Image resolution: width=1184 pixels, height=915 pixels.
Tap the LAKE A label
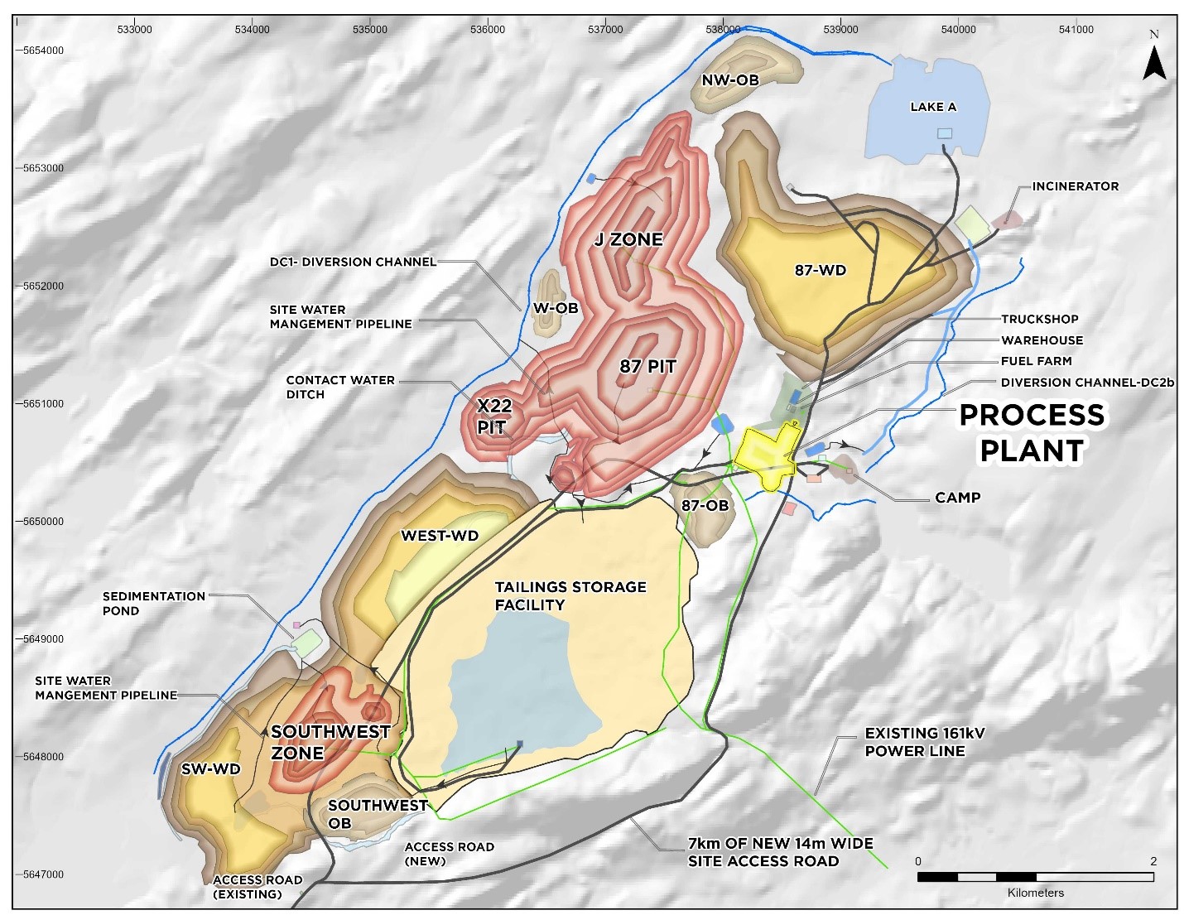(x=932, y=107)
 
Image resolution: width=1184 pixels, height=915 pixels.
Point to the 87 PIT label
(x=647, y=366)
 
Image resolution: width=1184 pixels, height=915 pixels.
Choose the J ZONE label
(x=628, y=240)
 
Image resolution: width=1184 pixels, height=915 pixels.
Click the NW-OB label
(x=729, y=80)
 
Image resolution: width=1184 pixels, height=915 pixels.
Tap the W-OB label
(x=556, y=308)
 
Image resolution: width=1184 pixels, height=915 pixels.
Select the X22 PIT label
(x=494, y=417)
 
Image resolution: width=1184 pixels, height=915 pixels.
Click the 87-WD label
(x=821, y=270)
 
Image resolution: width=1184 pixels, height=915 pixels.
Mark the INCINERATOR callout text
(x=1075, y=186)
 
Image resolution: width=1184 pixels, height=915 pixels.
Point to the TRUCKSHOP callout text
(x=1039, y=319)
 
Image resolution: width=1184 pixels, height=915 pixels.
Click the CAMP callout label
(x=957, y=498)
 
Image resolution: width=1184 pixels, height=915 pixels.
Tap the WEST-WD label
(x=440, y=536)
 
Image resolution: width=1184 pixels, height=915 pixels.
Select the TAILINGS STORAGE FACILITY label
(x=570, y=595)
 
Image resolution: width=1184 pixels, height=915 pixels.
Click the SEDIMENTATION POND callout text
(x=153, y=603)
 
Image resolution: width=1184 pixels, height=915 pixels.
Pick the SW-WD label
(x=210, y=769)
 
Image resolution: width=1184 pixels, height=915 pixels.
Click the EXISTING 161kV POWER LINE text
(x=924, y=742)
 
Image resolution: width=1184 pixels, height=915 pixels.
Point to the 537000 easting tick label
(x=604, y=29)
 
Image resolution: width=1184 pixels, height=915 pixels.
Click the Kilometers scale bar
(x=1035, y=877)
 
